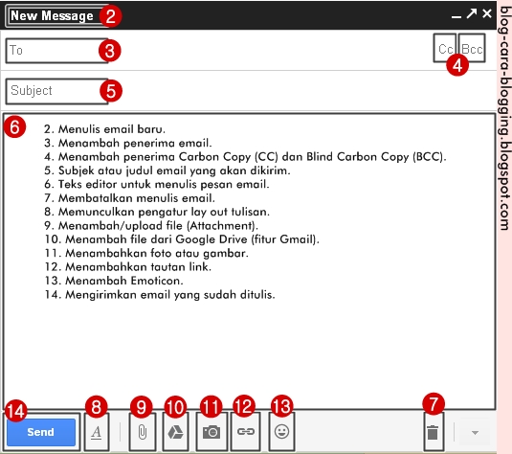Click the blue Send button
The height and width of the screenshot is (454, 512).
tap(40, 432)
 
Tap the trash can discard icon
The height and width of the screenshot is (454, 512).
tap(433, 432)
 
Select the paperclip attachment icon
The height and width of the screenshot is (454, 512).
tap(141, 432)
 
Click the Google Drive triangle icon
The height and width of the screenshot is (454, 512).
tap(176, 432)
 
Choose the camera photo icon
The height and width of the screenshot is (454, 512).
tap(211, 432)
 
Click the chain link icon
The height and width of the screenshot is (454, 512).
tap(245, 432)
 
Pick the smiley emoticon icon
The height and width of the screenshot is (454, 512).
tap(281, 432)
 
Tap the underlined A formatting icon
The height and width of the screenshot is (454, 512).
tap(96, 432)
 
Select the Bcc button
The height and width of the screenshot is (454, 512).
tap(472, 48)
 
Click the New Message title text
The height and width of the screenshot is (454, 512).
tap(52, 15)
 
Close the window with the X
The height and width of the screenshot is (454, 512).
tap(487, 13)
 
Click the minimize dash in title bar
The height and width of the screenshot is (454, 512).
tap(456, 16)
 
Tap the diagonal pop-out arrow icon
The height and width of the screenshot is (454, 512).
tap(471, 13)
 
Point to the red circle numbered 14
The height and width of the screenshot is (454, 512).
tap(14, 409)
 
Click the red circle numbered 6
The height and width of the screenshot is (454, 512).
tap(14, 126)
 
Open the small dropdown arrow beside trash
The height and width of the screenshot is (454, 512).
tap(475, 433)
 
